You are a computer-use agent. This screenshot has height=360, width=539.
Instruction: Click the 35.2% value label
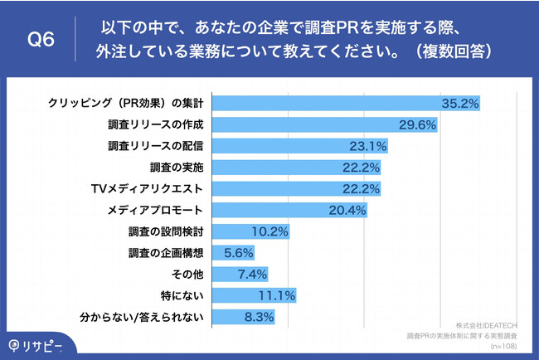pyautogui.click(x=461, y=103)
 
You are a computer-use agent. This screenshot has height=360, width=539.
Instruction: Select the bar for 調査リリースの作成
pyautogui.click(x=324, y=124)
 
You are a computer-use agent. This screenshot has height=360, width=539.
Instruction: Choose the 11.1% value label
pyautogui.click(x=277, y=295)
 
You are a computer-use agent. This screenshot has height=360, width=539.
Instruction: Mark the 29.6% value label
pyautogui.click(x=417, y=124)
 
